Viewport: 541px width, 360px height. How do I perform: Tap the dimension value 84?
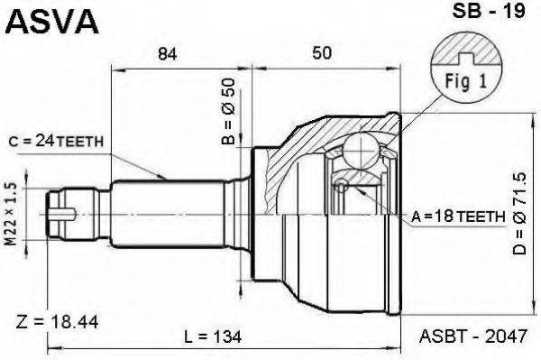[x=166, y=54]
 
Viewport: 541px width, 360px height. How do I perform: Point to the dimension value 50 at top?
[x=320, y=54]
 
